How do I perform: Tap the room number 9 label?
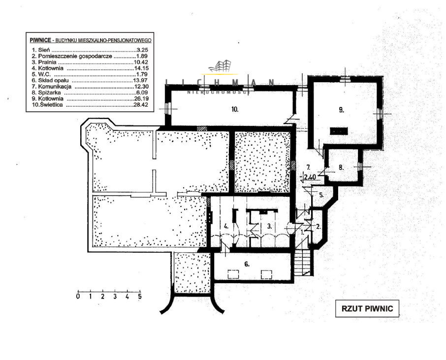341,110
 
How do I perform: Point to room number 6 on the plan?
247,264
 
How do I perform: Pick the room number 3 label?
270,227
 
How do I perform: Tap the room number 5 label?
320,195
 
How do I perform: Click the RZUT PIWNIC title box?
367,309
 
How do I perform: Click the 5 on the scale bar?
140,297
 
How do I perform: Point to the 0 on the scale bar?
78,297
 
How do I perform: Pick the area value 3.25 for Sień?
141,50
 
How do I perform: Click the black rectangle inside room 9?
339,130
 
